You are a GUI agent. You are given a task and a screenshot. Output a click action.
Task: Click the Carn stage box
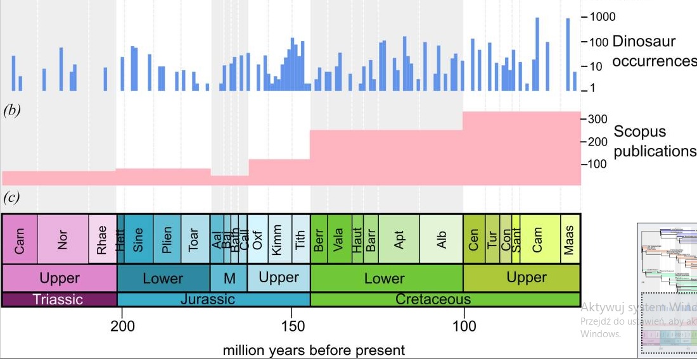(x=20, y=239)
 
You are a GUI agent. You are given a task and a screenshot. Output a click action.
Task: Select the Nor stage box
(x=62, y=239)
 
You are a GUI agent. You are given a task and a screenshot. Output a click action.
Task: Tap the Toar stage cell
(x=195, y=239)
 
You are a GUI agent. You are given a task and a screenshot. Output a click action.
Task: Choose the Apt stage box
(x=399, y=239)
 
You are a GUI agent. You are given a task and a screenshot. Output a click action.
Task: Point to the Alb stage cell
(x=442, y=239)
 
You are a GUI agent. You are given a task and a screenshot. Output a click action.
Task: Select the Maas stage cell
(x=570, y=239)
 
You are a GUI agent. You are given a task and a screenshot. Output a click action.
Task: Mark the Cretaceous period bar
(x=433, y=299)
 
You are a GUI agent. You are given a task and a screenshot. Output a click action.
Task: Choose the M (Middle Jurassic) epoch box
(x=229, y=278)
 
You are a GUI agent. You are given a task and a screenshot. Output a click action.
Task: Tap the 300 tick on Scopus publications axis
(x=599, y=119)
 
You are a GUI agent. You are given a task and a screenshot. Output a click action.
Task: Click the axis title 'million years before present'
(x=314, y=350)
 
